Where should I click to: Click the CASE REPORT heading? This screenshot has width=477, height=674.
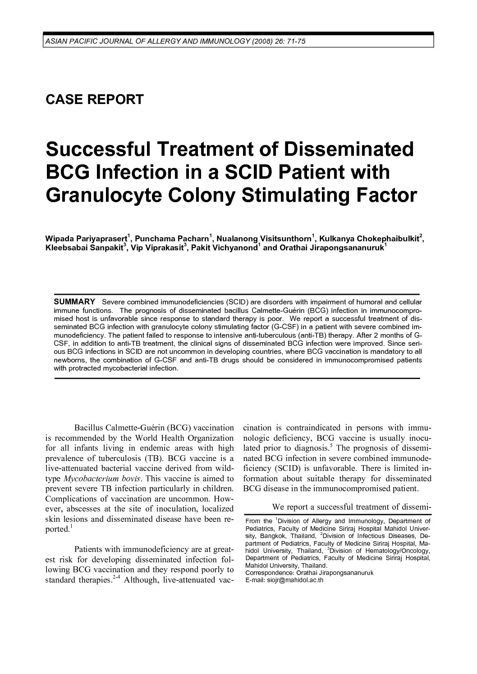pyautogui.click(x=95, y=99)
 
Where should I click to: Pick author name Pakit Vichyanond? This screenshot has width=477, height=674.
pyautogui.click(x=224, y=248)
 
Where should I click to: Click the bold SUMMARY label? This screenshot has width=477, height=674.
pyautogui.click(x=74, y=301)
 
